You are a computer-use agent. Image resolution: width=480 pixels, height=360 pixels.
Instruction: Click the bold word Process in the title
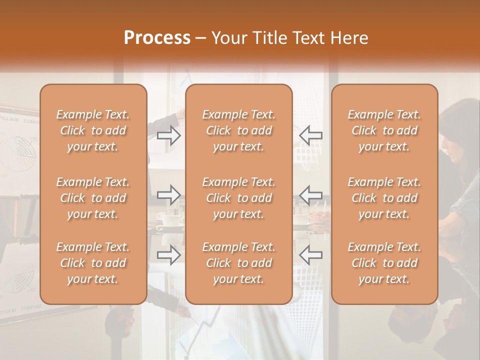click(x=157, y=37)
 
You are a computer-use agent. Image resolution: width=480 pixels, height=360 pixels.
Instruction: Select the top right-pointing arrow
click(x=169, y=135)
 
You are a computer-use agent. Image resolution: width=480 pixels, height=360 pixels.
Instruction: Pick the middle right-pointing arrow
click(x=169, y=195)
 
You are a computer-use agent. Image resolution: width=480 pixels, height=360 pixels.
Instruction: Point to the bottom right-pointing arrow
click(x=169, y=255)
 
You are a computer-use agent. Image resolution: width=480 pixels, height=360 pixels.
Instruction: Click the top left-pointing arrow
click(x=310, y=135)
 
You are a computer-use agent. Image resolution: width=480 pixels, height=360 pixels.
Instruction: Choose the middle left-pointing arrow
click(x=310, y=195)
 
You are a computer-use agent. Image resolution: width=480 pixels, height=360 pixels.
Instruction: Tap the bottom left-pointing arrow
click(x=310, y=255)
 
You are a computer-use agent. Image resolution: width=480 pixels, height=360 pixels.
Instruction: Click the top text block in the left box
click(x=93, y=130)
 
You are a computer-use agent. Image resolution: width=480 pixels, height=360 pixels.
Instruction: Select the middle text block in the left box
click(x=93, y=198)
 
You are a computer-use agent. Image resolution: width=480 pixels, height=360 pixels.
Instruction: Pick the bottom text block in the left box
click(x=93, y=263)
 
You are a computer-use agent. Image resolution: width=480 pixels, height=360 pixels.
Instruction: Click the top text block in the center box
click(x=238, y=130)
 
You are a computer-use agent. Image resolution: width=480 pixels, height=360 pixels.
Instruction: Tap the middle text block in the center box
click(x=238, y=198)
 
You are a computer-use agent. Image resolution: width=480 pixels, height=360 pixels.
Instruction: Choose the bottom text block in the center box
click(x=238, y=263)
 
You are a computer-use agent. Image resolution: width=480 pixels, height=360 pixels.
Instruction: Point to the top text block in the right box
click(x=384, y=130)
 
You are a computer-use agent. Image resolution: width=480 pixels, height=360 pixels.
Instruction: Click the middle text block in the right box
click(x=384, y=198)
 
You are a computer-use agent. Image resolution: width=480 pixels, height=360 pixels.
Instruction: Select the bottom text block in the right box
click(x=384, y=263)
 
